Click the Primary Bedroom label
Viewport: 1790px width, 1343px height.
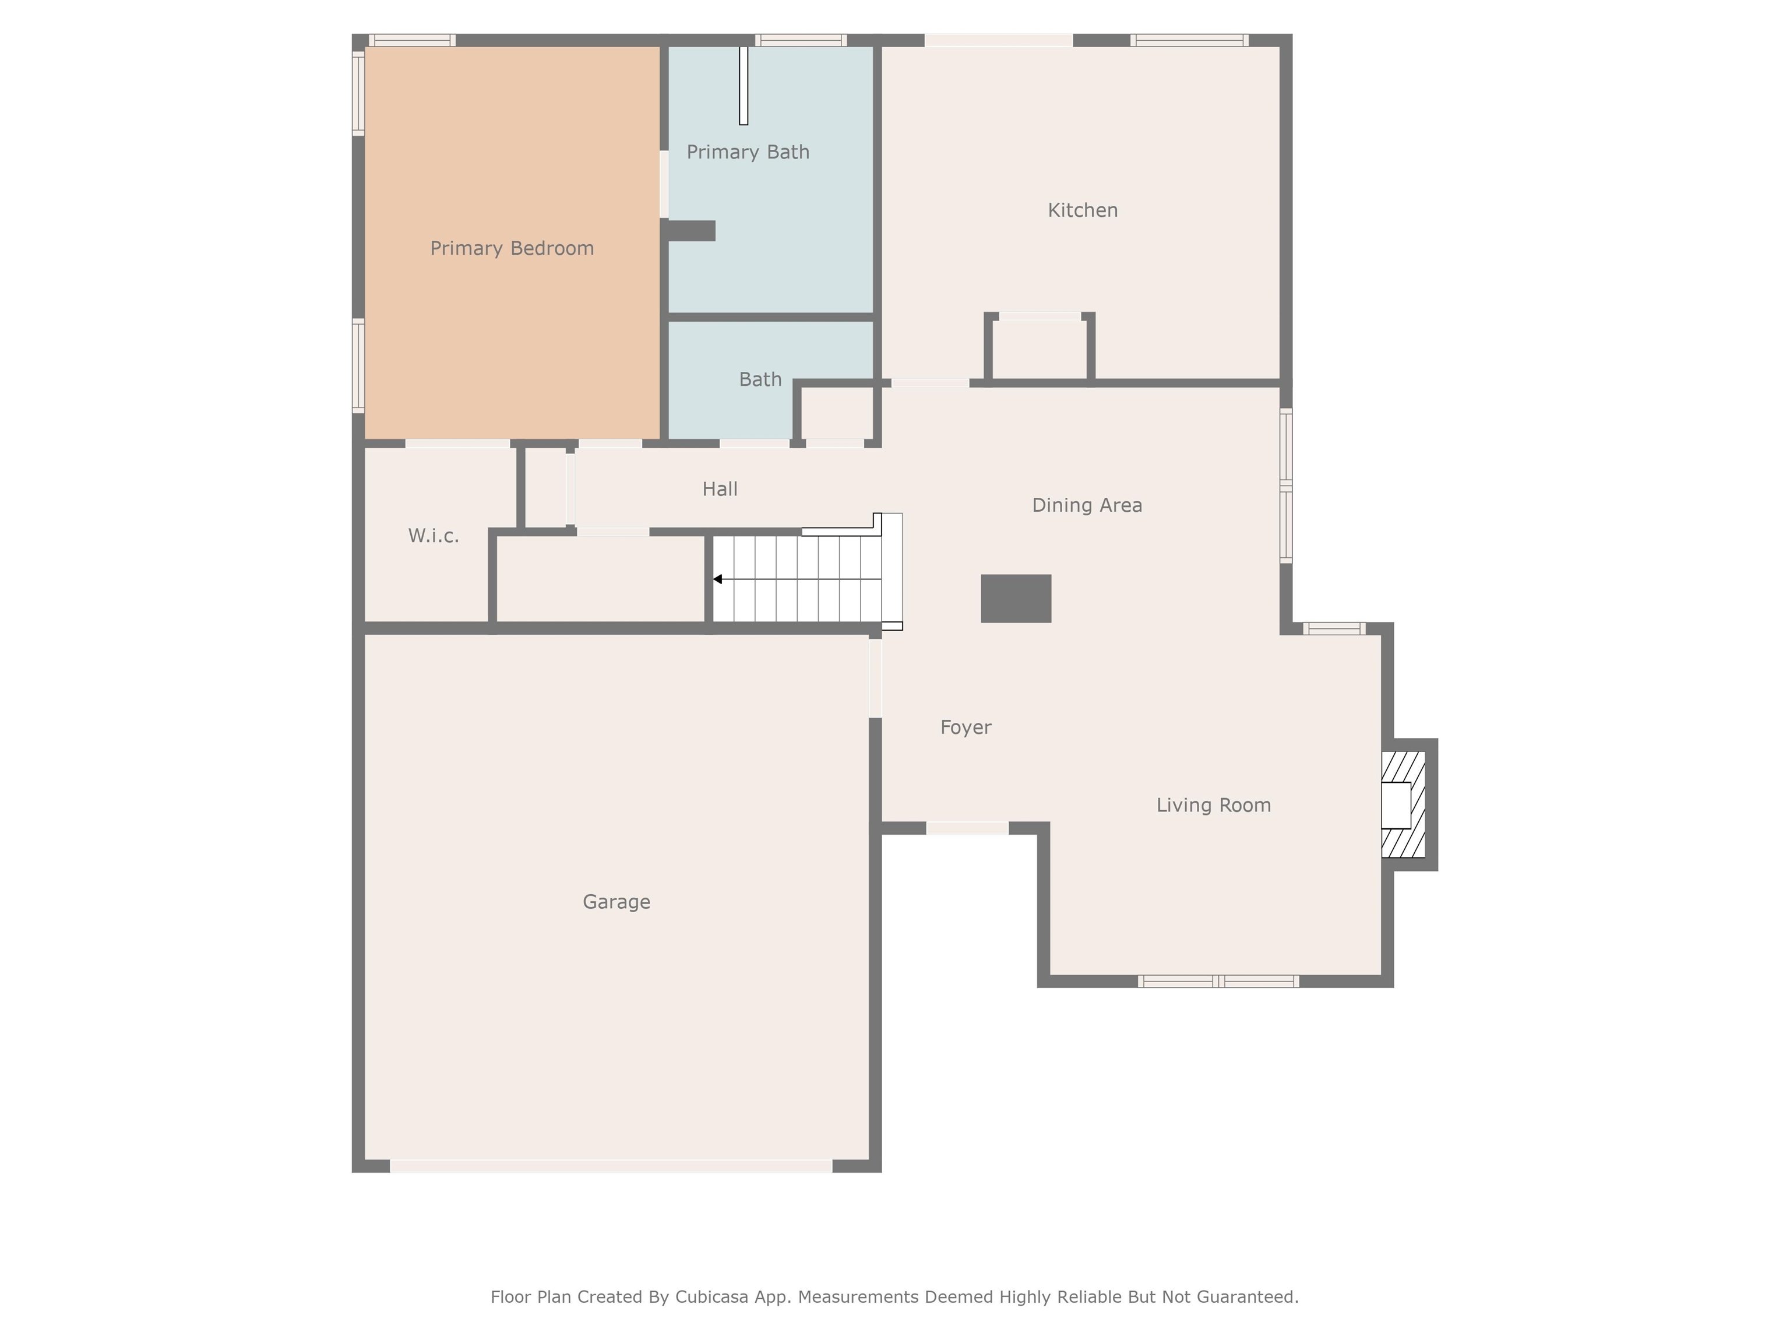click(x=512, y=248)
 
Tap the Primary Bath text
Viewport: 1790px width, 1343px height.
click(x=748, y=152)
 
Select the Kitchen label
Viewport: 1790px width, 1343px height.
click(x=1082, y=210)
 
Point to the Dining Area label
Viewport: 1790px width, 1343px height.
click(x=1086, y=505)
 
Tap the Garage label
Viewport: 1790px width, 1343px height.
click(x=616, y=901)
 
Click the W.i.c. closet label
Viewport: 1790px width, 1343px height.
click(x=433, y=535)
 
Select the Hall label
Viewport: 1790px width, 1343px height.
click(x=720, y=489)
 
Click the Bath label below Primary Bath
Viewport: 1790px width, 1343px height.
click(x=760, y=379)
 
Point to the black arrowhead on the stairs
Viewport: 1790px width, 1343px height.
click(x=717, y=579)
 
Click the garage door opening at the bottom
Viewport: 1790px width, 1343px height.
click(x=611, y=1166)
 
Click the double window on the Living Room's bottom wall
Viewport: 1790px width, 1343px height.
click(x=1218, y=981)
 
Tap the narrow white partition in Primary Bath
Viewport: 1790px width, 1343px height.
click(x=743, y=86)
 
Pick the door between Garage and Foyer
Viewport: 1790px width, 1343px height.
click(x=875, y=677)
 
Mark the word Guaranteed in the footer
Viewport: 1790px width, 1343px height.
click(x=1247, y=1297)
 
